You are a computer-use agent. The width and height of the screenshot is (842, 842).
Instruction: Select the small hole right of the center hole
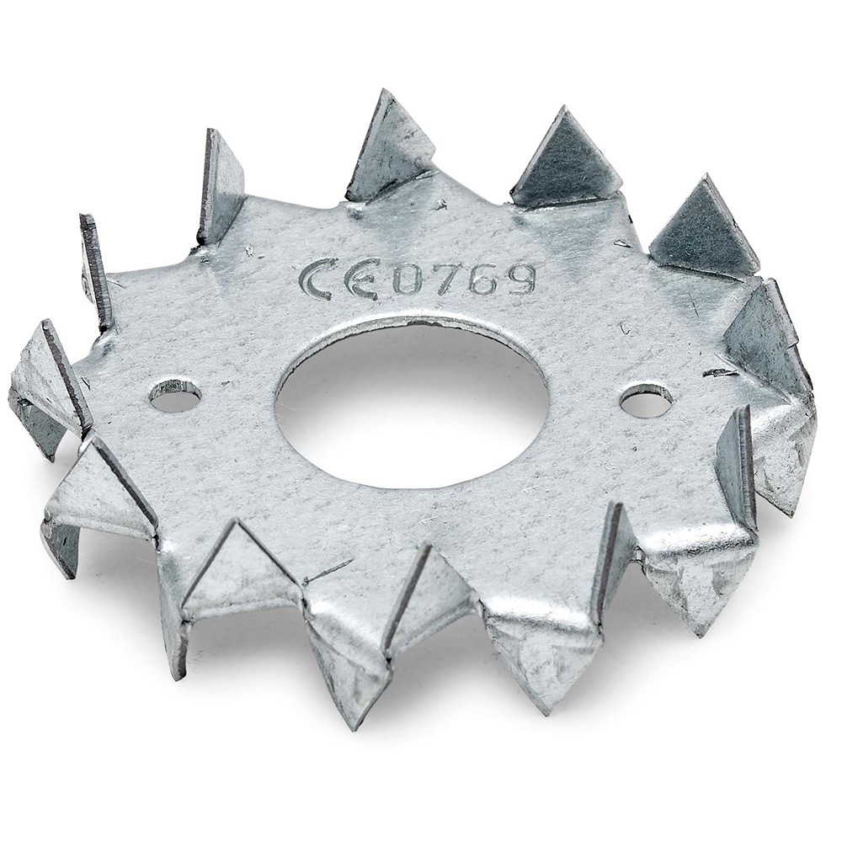646,399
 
